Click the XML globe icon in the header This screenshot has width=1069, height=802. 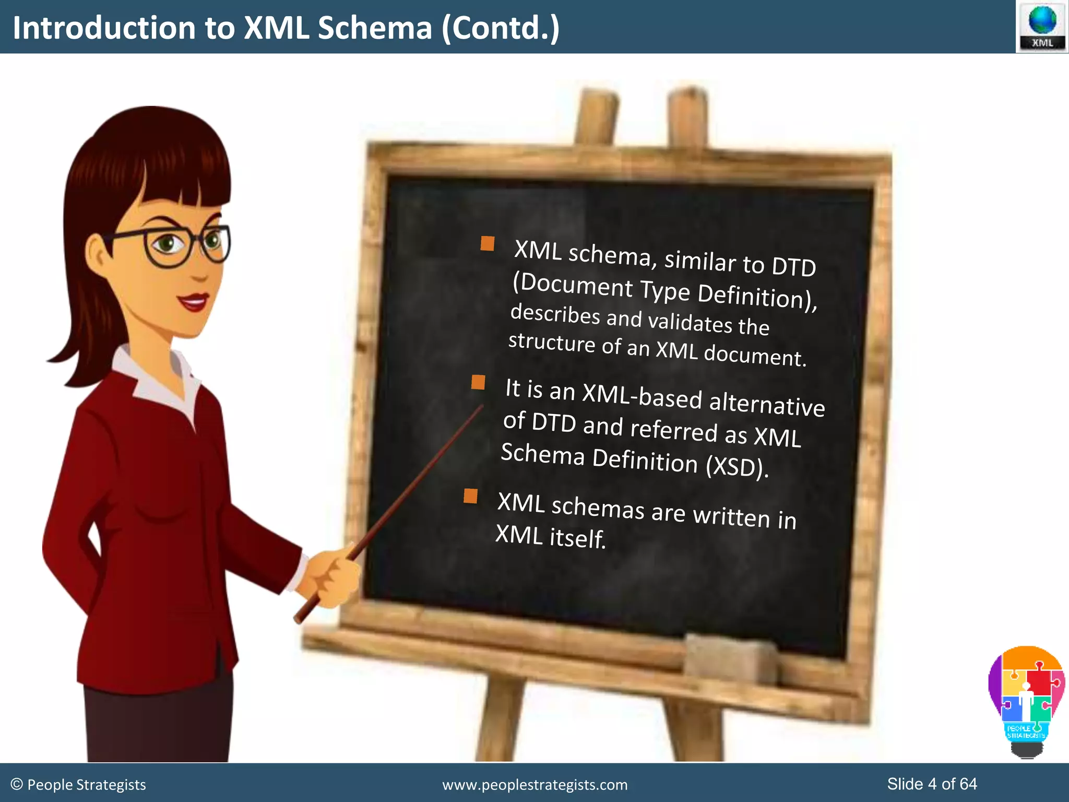1042,26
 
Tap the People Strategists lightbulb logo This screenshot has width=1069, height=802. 1026,700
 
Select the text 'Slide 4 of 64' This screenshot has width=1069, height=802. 932,784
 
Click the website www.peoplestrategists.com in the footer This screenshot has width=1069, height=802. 534,785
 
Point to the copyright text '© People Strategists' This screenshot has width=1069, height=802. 78,785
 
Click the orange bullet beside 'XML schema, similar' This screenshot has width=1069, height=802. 488,244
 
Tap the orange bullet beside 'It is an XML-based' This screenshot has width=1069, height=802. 478,382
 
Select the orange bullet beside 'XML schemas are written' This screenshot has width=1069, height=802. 470,496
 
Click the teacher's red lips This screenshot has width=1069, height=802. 193,302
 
